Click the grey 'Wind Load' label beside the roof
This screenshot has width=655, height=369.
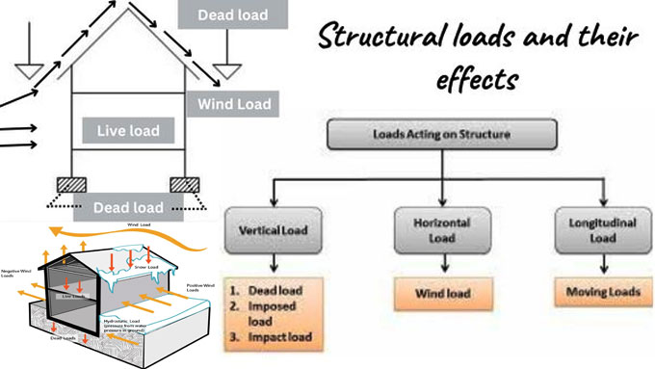pos(235,103)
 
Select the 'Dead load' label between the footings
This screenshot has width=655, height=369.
pos(128,205)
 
